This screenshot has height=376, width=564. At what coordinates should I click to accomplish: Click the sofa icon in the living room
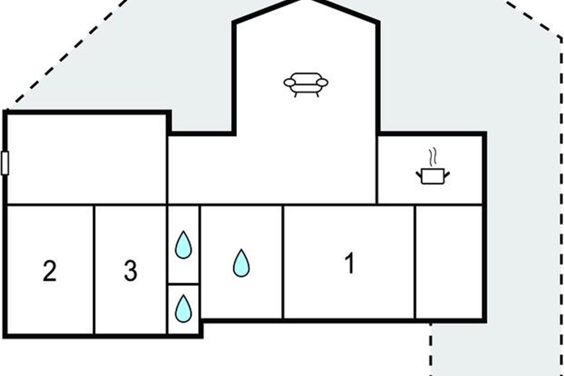pos(305,83)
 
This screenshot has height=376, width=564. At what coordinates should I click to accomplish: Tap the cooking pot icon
pos(432,176)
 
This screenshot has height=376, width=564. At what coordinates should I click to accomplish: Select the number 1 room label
pos(349,264)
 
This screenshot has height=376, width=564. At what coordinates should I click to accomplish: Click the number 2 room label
pos(49,271)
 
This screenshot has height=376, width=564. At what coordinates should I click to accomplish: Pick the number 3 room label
pos(131,271)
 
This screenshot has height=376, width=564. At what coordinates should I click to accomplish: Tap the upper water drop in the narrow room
pos(183,245)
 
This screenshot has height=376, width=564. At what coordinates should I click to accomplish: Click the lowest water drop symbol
pos(183,308)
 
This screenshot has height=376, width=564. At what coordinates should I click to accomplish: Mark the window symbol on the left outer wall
pos(5,163)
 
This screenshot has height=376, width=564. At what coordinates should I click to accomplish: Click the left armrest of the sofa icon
pos(290,82)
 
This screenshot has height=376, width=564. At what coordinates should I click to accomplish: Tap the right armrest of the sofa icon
pos(322,82)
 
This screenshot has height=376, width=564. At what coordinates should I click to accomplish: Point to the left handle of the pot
pos(418,174)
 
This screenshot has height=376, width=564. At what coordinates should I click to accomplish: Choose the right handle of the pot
pos(447,174)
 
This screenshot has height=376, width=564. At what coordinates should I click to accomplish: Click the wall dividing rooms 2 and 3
pos(94,270)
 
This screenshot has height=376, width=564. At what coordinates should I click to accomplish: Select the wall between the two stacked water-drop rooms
pos(183,284)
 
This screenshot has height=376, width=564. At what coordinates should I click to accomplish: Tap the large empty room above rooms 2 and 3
pos(87,159)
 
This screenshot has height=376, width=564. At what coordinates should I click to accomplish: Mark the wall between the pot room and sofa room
pos(377,169)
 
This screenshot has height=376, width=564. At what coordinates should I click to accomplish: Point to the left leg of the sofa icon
pos(296,94)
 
